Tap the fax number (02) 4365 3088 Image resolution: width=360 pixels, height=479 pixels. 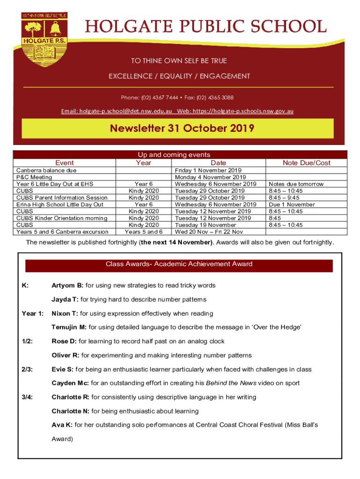pos(215,98)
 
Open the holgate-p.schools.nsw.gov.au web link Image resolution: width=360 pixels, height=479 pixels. pos(248,111)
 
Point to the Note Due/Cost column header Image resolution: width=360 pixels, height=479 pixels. pos(306,163)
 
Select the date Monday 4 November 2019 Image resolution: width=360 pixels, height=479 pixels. pos(210,177)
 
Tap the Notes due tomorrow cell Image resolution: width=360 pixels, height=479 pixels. pos(296,184)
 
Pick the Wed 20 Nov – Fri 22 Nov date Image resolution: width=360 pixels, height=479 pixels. pos(209,232)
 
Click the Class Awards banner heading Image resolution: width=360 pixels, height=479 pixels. pos(179,264)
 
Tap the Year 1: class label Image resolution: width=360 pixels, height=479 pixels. pos(33,313)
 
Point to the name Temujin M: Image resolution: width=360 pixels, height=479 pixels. pos(69,327)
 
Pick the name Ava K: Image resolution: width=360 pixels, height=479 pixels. pos(62,425)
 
